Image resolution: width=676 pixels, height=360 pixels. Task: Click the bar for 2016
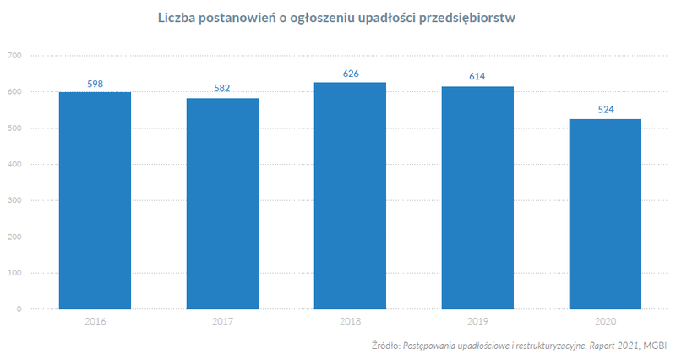click(95, 200)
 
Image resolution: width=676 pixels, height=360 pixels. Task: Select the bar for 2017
click(222, 204)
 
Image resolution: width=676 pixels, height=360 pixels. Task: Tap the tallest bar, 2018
click(350, 195)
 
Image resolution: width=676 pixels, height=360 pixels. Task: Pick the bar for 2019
click(477, 198)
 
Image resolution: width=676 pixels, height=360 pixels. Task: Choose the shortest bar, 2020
click(605, 214)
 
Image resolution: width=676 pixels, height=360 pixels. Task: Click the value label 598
click(95, 84)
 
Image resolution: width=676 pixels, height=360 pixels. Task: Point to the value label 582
click(222, 88)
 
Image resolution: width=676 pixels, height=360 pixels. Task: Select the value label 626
click(351, 74)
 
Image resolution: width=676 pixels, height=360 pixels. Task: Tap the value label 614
click(477, 77)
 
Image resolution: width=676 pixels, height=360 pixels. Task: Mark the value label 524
click(605, 110)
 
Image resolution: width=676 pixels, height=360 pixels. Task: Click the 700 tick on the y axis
click(14, 56)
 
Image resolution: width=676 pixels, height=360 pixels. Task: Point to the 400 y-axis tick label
click(14, 164)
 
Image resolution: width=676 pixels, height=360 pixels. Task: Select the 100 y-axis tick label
click(14, 273)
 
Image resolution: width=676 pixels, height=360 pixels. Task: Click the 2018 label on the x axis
click(350, 321)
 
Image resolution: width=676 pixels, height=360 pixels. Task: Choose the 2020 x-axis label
click(605, 321)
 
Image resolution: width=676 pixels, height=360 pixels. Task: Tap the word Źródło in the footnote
click(385, 346)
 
